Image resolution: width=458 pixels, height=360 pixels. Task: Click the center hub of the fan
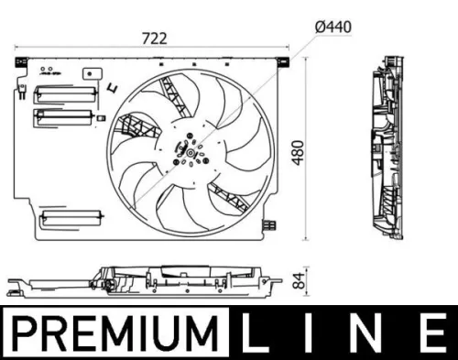click(188, 148)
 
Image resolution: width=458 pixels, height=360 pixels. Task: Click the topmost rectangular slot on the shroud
click(58, 93)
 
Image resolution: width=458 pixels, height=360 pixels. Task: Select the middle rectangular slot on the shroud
click(58, 115)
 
